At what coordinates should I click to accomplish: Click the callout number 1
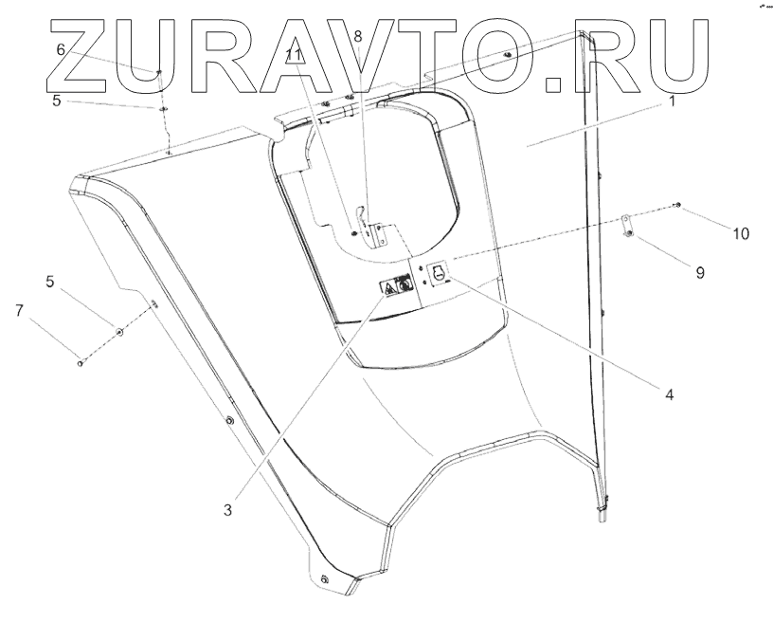(x=672, y=101)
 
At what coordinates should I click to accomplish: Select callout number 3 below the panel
(x=227, y=509)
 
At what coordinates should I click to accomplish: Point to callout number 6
(x=61, y=49)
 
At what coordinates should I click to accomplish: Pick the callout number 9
(x=700, y=272)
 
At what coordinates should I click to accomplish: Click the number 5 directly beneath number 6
(x=57, y=99)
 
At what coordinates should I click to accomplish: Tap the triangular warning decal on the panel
(x=389, y=284)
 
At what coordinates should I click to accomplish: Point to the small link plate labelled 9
(x=627, y=228)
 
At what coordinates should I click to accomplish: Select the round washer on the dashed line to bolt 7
(x=119, y=331)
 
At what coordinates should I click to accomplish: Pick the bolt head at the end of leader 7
(x=80, y=361)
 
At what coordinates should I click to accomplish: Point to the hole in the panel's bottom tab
(x=324, y=579)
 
